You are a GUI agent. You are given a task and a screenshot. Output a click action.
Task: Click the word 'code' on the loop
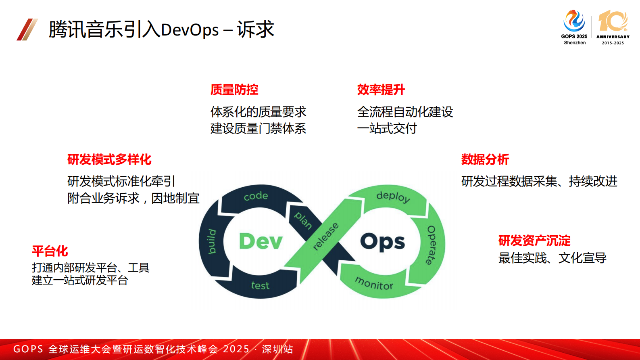pos(256,196)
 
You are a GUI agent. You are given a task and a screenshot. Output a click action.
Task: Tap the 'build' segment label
pos(212,241)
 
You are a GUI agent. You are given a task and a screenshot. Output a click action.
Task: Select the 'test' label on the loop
pos(260,285)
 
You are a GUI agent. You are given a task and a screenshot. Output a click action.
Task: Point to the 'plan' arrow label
pos(303,220)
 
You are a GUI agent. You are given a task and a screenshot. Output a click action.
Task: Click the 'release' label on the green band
pos(325,237)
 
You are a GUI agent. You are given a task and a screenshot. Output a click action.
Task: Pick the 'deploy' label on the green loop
pos(393,197)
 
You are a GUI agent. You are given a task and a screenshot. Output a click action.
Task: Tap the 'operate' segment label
pos(431,245)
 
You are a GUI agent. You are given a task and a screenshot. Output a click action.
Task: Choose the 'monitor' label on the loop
pos(374,283)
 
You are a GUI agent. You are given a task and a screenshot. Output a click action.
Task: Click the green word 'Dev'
pos(261,241)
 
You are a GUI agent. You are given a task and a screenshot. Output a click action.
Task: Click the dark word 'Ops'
pos(382,242)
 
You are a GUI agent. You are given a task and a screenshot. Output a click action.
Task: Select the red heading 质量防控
pos(234,90)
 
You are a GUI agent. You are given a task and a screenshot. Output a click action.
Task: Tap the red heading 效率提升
pos(381,90)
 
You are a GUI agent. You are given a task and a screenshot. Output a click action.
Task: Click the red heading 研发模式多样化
pos(109,159)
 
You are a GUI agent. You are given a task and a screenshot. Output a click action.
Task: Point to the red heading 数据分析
pos(485,159)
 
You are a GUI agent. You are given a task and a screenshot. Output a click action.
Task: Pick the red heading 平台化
pos(50,251)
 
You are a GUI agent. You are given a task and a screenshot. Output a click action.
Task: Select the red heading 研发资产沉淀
pos(534,241)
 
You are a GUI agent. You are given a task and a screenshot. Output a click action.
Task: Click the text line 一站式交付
pos(387,129)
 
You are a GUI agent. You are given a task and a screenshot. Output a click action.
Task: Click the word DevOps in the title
pos(190,30)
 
